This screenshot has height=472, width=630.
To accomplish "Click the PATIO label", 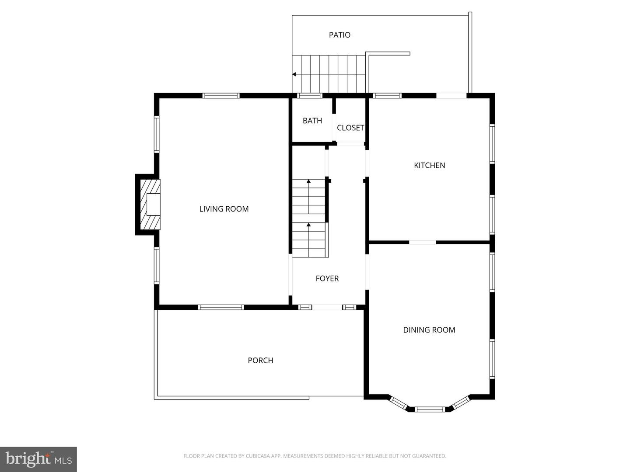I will [339, 35].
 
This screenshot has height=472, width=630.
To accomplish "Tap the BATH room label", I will [312, 121].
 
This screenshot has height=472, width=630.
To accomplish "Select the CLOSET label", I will [350, 128].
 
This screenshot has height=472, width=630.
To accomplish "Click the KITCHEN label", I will [430, 165].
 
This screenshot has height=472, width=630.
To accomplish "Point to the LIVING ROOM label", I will [224, 209].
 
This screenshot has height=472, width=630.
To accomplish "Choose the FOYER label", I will [327, 278].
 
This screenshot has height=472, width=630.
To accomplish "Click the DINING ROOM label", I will [429, 330].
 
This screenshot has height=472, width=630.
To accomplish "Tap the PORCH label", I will [260, 361].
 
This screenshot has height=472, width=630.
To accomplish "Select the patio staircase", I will [329, 74].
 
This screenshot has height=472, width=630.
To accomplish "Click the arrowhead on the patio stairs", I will [294, 74].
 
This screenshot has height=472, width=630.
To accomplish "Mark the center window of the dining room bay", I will [429, 410].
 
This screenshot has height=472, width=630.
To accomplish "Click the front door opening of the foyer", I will [327, 307].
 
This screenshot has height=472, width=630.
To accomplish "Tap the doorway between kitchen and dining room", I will [422, 242].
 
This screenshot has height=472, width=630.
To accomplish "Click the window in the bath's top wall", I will [310, 96].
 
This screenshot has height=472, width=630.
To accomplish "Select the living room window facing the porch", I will [221, 307].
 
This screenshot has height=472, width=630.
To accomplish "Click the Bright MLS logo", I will [38, 459].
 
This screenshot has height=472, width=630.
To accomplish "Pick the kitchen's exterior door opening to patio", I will [451, 96].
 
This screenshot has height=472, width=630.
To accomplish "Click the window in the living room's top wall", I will [221, 96].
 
